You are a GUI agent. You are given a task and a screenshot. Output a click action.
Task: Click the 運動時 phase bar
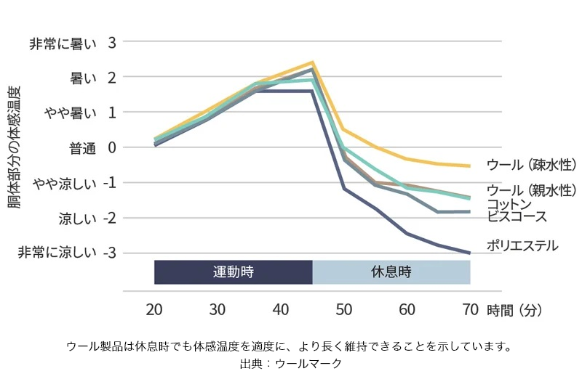tap(233, 272)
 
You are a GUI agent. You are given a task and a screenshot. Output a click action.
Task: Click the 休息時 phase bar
tap(391, 272)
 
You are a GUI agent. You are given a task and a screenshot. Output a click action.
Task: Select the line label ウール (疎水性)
tap(532, 164)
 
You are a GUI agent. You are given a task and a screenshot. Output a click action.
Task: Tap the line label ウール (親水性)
tap(532, 191)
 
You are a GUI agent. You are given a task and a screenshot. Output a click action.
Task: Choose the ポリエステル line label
tap(522, 245)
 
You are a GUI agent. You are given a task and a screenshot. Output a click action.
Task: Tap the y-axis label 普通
tap(82, 149)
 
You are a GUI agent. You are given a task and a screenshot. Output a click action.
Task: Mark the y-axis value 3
tap(112, 43)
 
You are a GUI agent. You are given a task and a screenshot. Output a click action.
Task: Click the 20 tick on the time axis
tap(154, 309)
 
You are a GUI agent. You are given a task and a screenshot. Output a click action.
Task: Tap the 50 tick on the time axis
tap(344, 309)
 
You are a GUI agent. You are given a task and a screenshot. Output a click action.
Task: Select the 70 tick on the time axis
tap(470, 309)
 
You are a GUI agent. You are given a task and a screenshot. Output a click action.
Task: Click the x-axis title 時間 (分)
tap(514, 310)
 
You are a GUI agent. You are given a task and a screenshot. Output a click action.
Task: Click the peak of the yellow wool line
tap(312, 62)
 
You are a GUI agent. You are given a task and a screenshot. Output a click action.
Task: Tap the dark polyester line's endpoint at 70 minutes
tap(470, 253)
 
